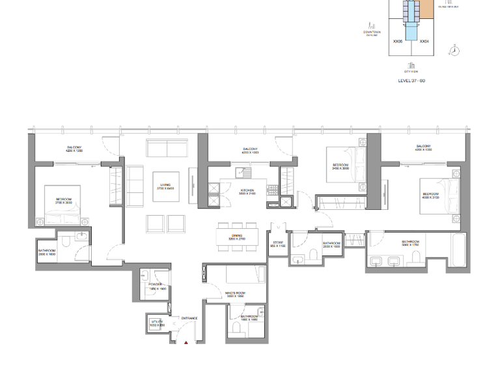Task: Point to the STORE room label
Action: tap(278, 244)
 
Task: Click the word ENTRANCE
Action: tap(189, 318)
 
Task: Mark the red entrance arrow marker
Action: tap(186, 342)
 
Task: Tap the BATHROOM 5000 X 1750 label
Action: tap(410, 243)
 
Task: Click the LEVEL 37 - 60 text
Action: tap(411, 81)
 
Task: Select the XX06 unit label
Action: tap(397, 41)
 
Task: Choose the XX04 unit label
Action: tap(424, 41)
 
